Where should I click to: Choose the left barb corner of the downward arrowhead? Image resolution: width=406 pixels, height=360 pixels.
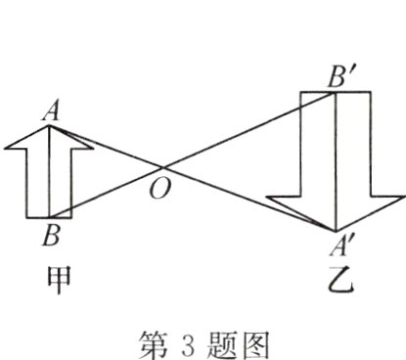pos(271,195)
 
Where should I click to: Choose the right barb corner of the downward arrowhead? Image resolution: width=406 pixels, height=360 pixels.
pos(400,195)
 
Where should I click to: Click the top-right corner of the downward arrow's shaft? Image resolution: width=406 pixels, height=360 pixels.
pos(371,91)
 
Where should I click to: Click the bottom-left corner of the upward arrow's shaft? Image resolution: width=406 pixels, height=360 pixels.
pos(26,217)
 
